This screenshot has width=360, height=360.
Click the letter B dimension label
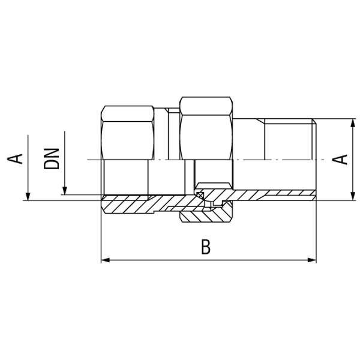click(206, 247)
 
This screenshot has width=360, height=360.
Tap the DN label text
click(52, 159)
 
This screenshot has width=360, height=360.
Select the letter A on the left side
click(15, 159)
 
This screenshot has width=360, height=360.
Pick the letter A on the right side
click(340, 160)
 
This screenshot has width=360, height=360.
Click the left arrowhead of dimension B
click(105, 260)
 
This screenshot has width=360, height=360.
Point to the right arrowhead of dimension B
click(312, 260)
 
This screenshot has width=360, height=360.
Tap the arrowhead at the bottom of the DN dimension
click(65, 191)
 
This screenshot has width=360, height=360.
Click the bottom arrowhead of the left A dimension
click(28, 197)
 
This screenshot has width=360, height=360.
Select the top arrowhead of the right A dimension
click(352, 123)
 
